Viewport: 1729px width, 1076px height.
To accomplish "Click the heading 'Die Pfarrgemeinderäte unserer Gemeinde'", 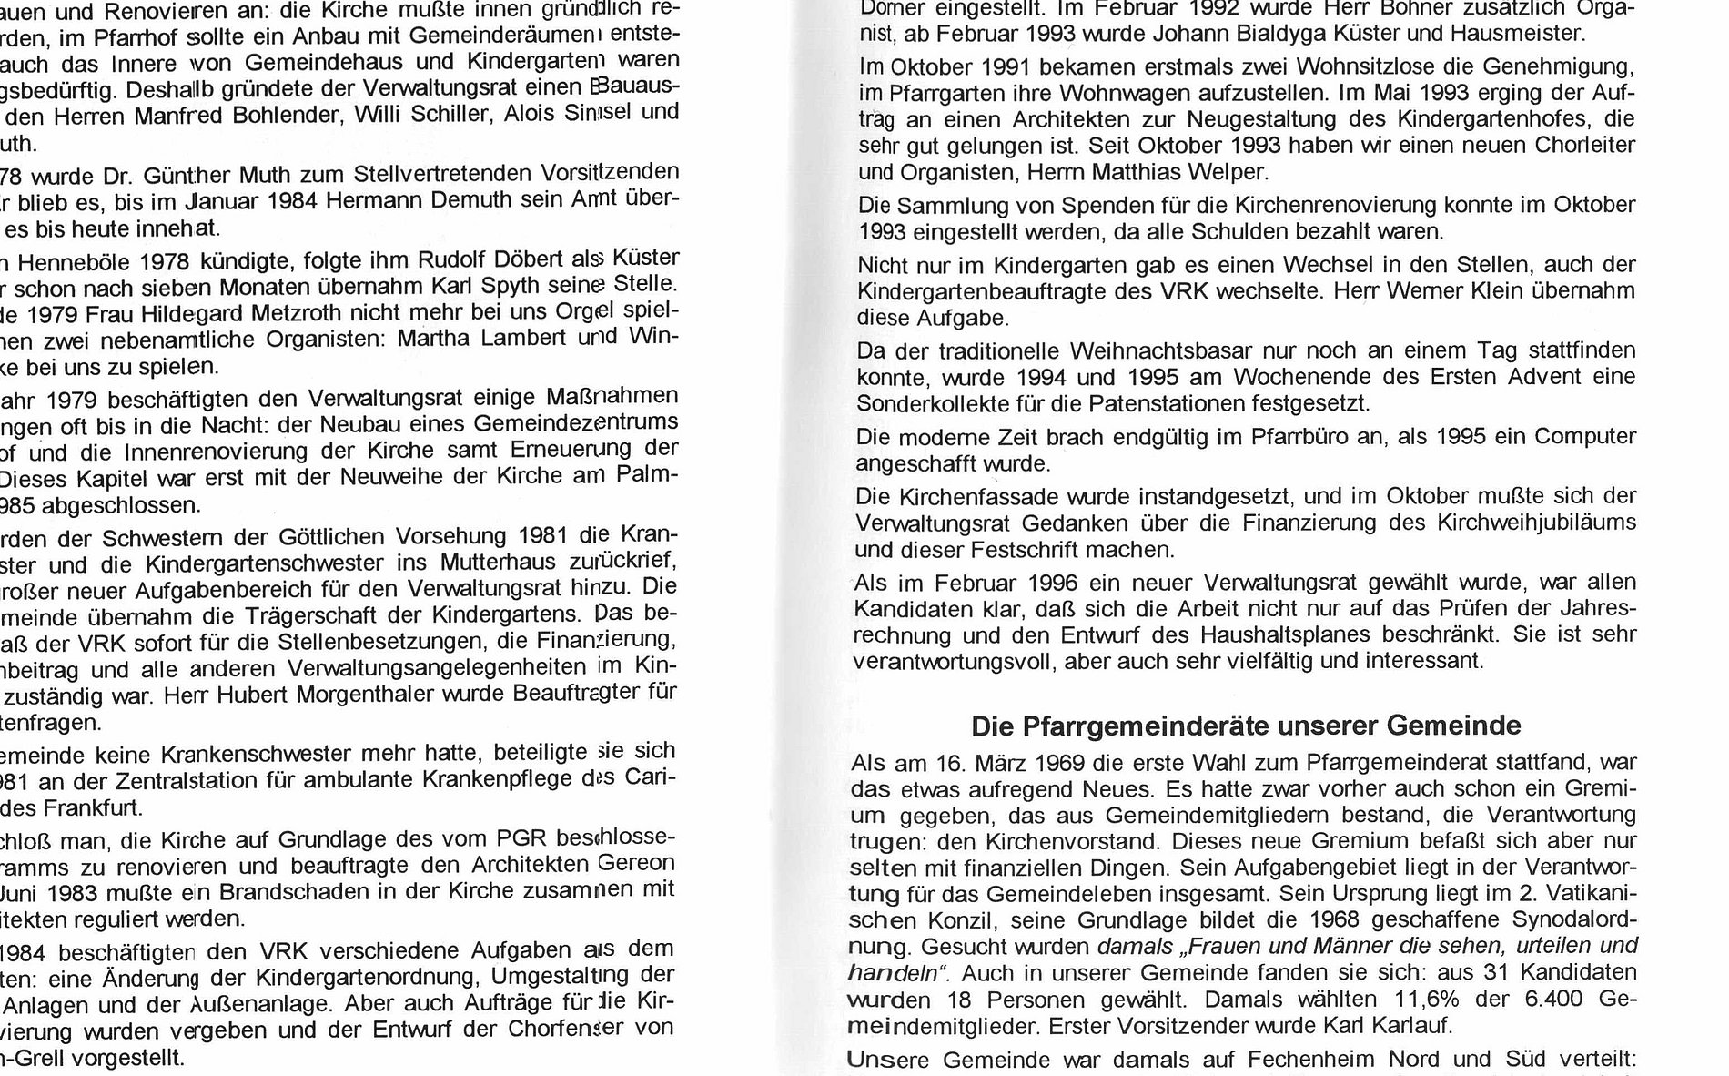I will [1246, 726].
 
